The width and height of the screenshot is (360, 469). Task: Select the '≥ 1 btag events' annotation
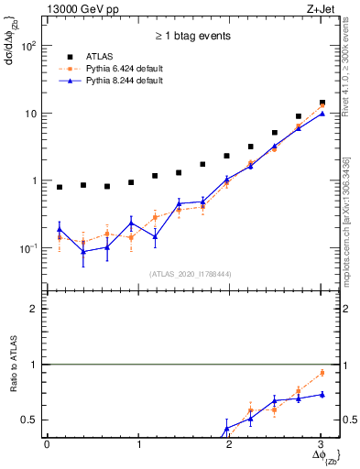(192, 37)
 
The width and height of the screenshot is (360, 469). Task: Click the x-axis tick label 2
(230, 444)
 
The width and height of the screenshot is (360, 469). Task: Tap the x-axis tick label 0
(47, 444)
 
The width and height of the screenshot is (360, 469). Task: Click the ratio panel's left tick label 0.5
(29, 420)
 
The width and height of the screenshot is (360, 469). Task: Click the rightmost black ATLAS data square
(322, 103)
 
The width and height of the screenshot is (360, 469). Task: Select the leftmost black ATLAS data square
(60, 187)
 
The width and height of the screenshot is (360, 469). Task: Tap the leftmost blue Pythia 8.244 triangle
(60, 229)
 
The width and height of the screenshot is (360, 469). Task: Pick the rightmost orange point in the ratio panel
(322, 373)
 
